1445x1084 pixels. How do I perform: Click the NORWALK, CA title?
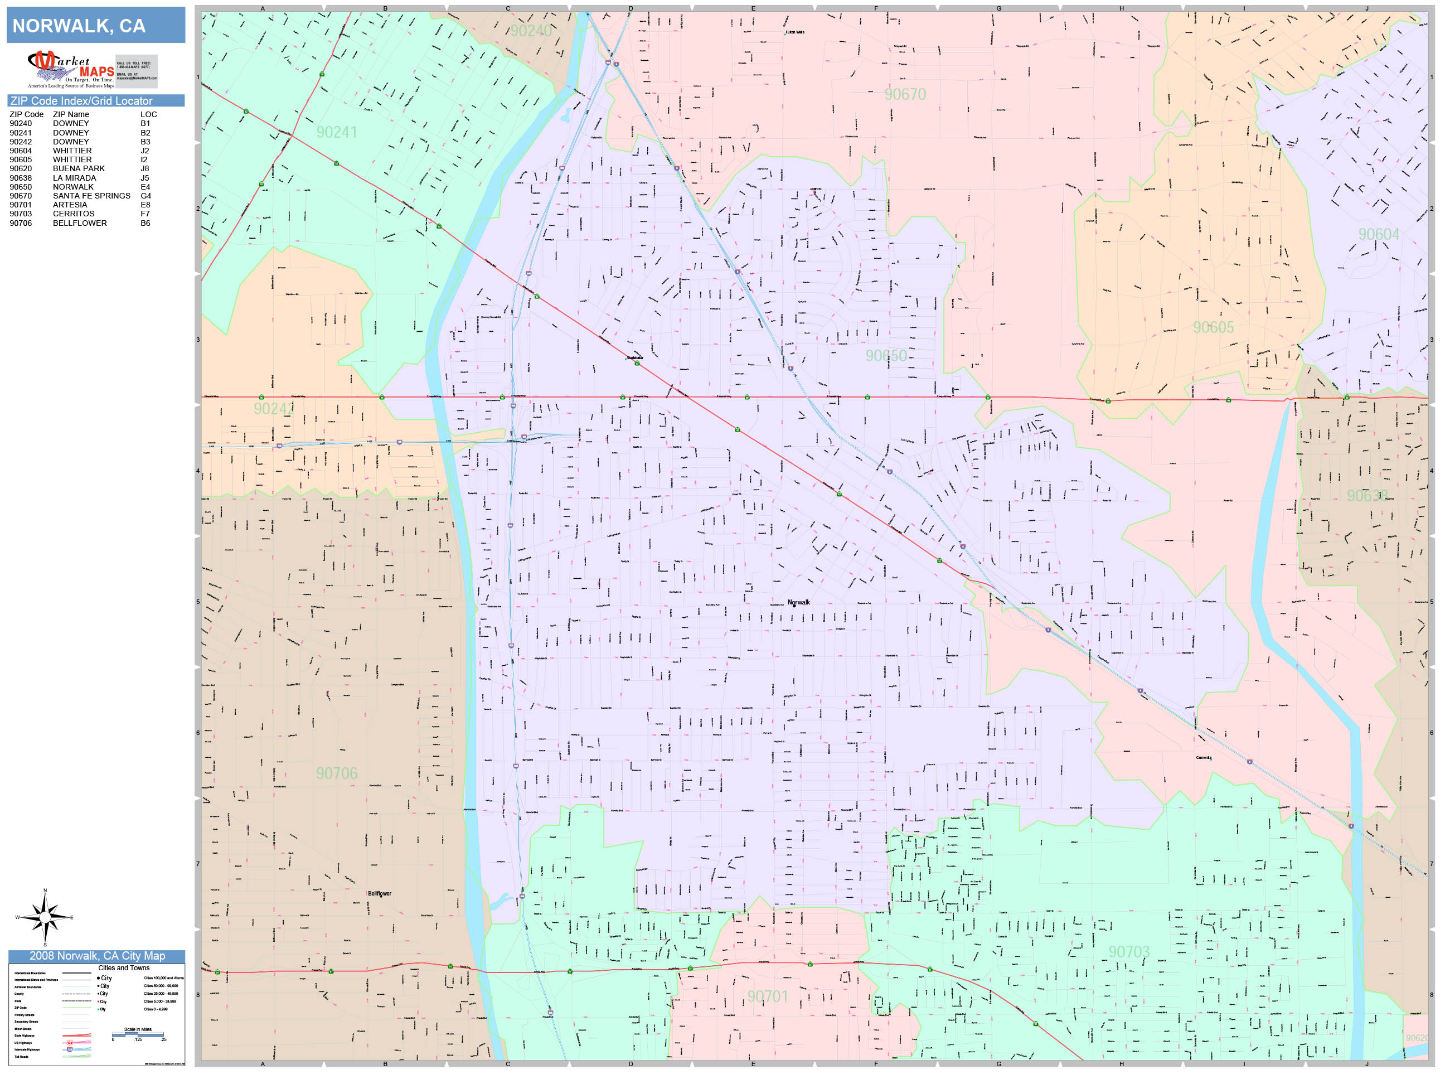click(79, 26)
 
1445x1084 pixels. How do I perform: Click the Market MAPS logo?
click(71, 70)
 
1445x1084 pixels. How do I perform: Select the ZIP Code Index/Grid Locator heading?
click(81, 100)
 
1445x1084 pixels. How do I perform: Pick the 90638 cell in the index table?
click(20, 178)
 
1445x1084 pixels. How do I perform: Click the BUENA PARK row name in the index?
click(79, 168)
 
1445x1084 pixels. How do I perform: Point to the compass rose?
click(45, 917)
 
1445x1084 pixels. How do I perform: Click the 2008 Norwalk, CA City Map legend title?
click(96, 956)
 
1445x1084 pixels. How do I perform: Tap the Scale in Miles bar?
click(138, 1034)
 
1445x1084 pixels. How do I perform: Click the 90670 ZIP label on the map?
click(905, 95)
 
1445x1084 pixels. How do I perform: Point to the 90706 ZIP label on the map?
click(336, 773)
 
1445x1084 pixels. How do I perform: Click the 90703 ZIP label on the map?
click(1129, 952)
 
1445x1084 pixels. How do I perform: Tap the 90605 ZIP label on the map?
click(1213, 327)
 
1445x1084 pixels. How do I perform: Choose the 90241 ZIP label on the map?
click(336, 133)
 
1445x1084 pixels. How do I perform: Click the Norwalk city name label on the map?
click(798, 602)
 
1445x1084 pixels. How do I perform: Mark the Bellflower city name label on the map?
click(379, 893)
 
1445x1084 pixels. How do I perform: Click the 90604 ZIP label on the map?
click(1378, 235)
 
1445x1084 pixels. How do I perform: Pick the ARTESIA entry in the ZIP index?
click(70, 205)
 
